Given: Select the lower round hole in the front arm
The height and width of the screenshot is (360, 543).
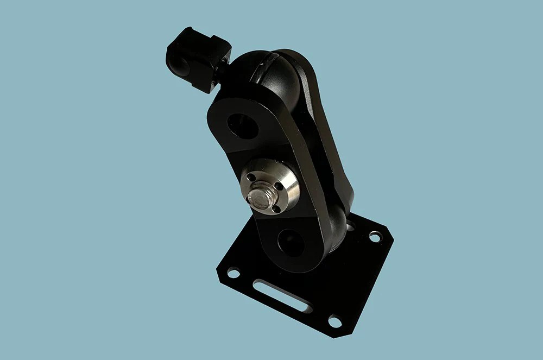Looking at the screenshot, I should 291,242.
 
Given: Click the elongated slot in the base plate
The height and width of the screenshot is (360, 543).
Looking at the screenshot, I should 282,296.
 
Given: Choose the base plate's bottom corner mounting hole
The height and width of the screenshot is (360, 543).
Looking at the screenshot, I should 335,321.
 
